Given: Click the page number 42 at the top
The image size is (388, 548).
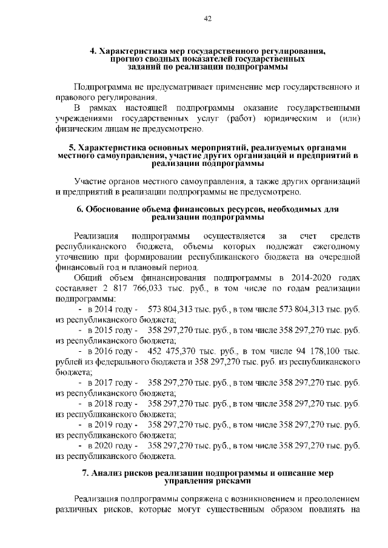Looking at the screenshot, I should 207,19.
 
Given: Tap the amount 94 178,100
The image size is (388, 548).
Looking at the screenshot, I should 317,351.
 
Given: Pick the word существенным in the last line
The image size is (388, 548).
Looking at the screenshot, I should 235,509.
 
